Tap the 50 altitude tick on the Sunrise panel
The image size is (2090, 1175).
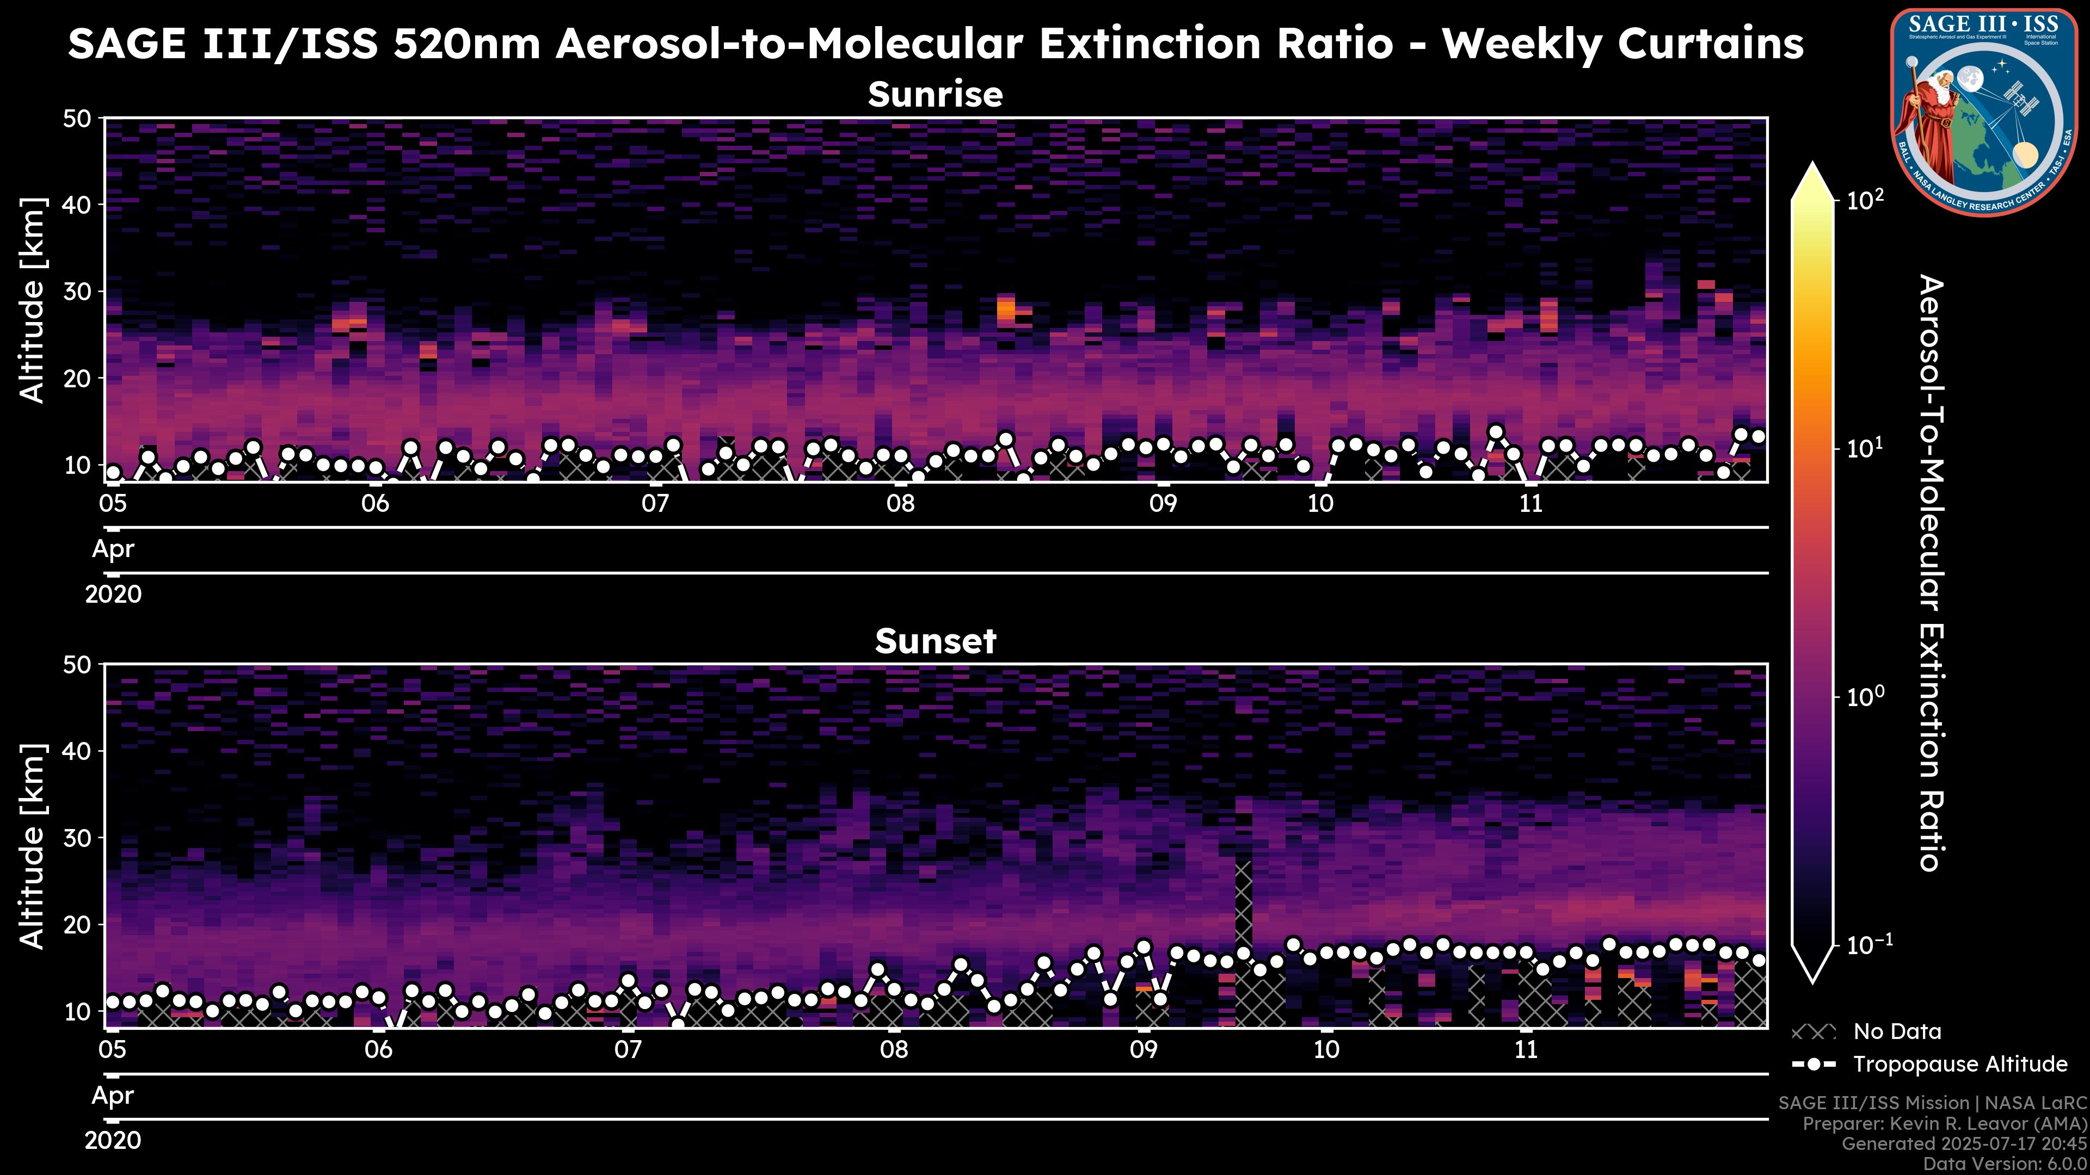(81, 119)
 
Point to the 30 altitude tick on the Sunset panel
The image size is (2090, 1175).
(81, 838)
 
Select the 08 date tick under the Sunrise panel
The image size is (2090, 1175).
(900, 504)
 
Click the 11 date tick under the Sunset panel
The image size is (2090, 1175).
(1526, 1050)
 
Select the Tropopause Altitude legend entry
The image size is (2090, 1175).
(1959, 1065)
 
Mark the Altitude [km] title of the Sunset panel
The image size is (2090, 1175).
(33, 846)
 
